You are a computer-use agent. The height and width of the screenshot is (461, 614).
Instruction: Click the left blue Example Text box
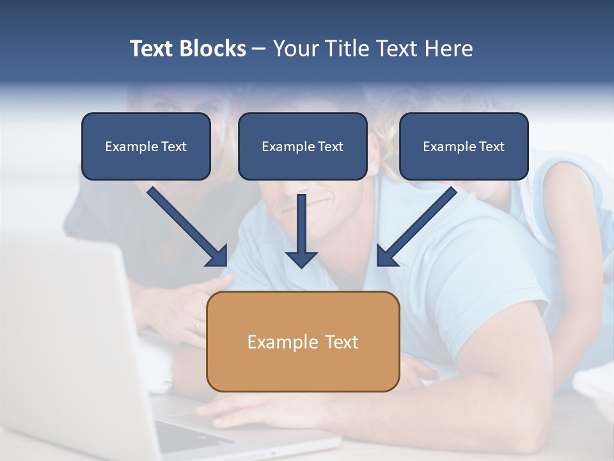click(146, 146)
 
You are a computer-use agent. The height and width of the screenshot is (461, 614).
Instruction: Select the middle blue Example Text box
click(303, 146)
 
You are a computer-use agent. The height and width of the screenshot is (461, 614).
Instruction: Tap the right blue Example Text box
click(464, 146)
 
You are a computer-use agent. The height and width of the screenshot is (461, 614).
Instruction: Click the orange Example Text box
click(303, 341)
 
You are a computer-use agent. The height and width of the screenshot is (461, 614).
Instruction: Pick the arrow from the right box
click(419, 224)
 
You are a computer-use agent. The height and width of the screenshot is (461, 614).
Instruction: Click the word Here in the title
click(449, 49)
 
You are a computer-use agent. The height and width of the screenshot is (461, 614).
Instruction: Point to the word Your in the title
click(295, 49)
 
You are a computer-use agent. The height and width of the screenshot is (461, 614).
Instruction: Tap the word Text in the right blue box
click(492, 147)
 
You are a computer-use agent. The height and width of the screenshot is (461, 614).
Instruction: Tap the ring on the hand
click(197, 325)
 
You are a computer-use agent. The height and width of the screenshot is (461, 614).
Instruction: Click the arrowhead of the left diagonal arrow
click(217, 256)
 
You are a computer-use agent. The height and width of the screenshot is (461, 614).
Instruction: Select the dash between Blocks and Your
click(259, 49)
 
